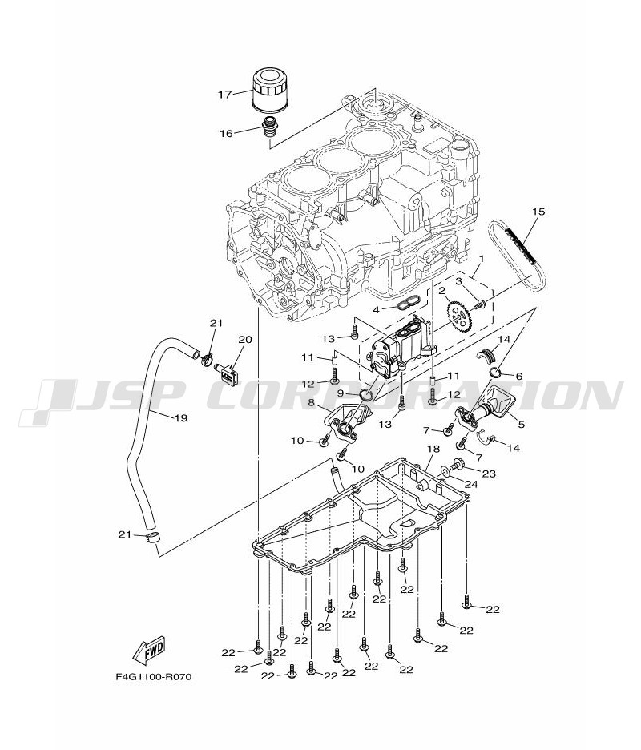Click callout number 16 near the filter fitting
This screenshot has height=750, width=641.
(x=227, y=133)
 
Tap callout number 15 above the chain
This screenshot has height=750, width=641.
(x=538, y=212)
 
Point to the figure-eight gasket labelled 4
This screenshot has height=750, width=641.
(x=408, y=303)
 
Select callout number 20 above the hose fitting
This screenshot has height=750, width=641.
(x=244, y=339)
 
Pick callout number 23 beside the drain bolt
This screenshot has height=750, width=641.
(x=488, y=474)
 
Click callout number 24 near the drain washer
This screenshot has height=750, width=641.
(x=472, y=484)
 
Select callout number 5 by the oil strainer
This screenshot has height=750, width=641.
(x=522, y=425)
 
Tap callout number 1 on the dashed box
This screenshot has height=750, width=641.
(x=482, y=260)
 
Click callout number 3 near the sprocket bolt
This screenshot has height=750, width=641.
(x=459, y=282)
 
